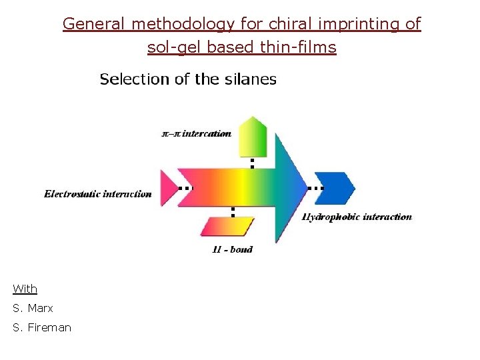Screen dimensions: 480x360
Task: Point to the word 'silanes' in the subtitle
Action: (x=251, y=79)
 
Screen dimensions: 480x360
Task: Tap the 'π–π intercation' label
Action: (x=197, y=133)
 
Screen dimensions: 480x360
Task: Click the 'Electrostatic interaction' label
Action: (x=98, y=194)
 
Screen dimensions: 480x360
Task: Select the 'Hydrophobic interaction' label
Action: (x=357, y=217)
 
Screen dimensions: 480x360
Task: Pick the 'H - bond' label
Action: (x=232, y=249)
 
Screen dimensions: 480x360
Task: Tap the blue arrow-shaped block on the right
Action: (x=334, y=188)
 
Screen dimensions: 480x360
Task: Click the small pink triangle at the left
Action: (x=169, y=188)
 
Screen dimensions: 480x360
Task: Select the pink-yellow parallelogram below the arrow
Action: (x=228, y=226)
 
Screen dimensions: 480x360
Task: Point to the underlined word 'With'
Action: (x=25, y=289)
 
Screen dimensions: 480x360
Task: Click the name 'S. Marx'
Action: (x=33, y=308)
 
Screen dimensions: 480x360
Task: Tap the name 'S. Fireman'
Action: (x=41, y=327)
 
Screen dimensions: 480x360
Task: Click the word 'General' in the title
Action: (x=95, y=24)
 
